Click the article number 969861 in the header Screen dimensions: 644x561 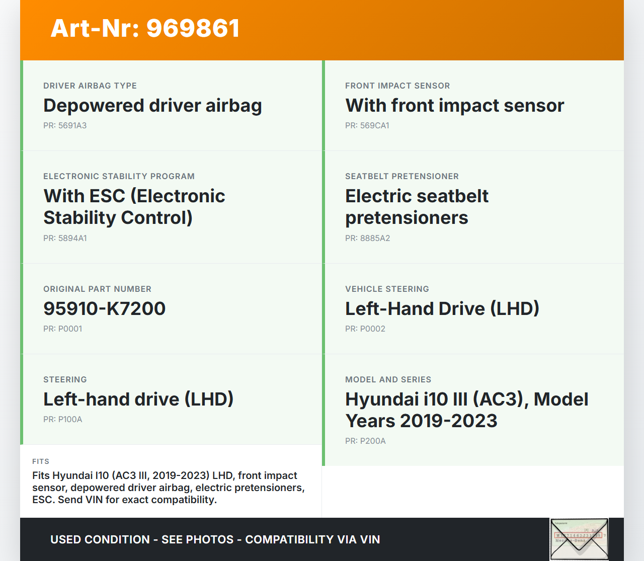[x=193, y=28]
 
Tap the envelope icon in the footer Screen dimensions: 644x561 [x=579, y=539]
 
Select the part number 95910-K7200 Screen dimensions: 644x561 [x=105, y=308]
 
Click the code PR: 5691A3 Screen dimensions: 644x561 [x=65, y=126]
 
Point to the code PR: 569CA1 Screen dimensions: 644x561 [x=367, y=126]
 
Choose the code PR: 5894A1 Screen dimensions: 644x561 [x=65, y=238]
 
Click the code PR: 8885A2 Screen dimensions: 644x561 [x=367, y=238]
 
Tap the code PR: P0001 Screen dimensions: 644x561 [x=62, y=329]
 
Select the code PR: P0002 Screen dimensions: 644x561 [x=365, y=329]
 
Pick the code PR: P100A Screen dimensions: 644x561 [x=62, y=420]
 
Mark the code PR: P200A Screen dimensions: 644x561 [x=365, y=441]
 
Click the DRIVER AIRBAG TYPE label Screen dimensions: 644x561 [x=90, y=86]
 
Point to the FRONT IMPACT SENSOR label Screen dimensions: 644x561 [x=397, y=86]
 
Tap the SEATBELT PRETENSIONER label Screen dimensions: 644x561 [x=402, y=176]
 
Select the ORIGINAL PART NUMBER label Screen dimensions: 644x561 [x=97, y=289]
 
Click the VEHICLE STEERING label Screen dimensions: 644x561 [x=387, y=289]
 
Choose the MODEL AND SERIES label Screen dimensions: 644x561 [x=388, y=379]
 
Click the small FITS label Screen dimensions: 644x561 [x=41, y=461]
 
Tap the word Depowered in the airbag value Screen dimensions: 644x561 [x=94, y=106]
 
